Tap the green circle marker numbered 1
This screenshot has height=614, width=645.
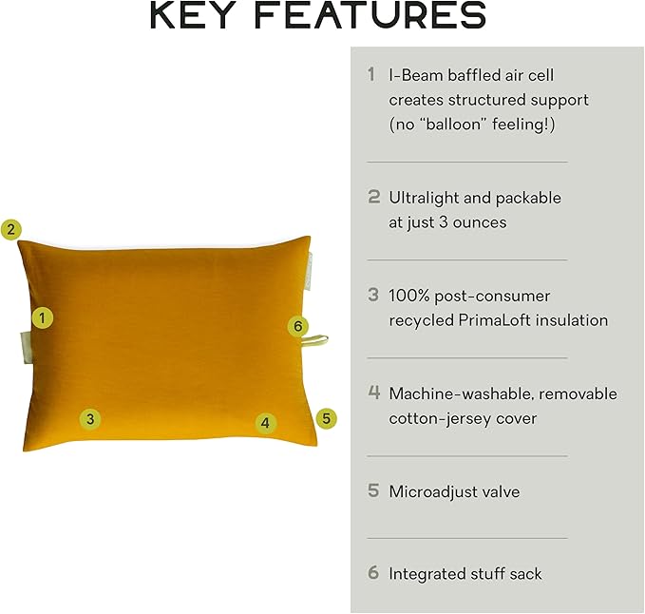[42, 317]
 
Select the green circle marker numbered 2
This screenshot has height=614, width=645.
[10, 229]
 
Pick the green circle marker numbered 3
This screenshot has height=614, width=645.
[89, 418]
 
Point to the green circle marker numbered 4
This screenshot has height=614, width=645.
[265, 423]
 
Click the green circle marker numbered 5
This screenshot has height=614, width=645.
[327, 417]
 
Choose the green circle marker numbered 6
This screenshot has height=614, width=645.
[299, 327]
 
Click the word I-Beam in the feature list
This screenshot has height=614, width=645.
[417, 74]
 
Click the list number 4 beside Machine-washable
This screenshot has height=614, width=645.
[374, 393]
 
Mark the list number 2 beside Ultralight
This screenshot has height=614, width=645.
[374, 198]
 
